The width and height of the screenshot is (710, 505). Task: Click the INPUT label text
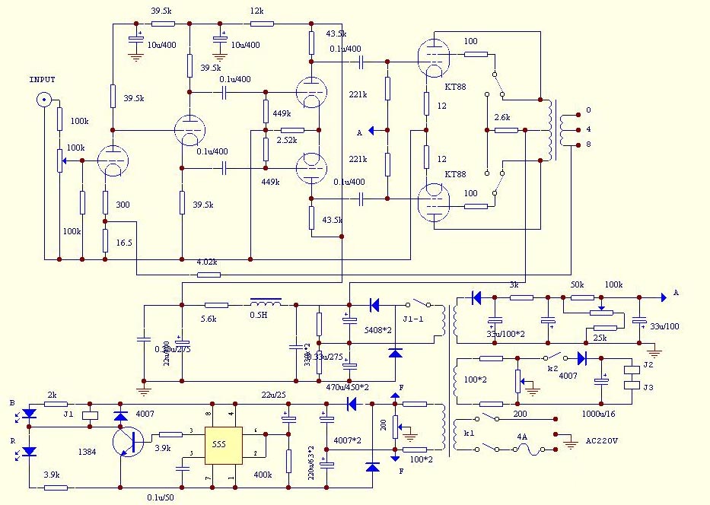[43, 79]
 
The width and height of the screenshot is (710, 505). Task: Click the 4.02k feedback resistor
[208, 274]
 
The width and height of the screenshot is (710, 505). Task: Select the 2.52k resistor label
[287, 141]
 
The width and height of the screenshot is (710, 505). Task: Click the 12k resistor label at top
[256, 11]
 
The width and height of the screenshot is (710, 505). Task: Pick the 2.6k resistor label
[502, 118]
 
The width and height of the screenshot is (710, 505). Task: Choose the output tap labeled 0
[587, 110]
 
